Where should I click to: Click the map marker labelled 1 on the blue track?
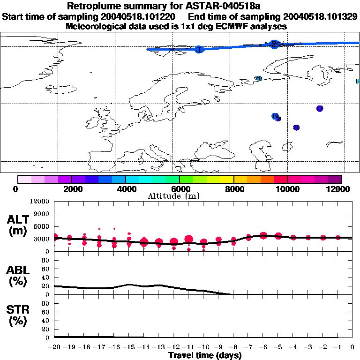point(199,49)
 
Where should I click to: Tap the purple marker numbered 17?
point(320,109)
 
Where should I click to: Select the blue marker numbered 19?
point(275,116)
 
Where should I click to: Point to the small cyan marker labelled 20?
point(258,78)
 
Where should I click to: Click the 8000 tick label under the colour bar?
point(233,189)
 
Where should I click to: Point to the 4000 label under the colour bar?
point(125,189)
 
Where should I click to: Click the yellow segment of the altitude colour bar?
point(227,179)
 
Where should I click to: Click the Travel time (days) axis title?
point(205,356)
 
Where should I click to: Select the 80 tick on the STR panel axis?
point(46,303)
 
